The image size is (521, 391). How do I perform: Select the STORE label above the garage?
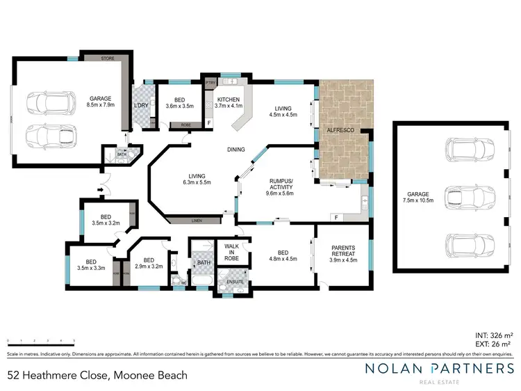coord(107,59)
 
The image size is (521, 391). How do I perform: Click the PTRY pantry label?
coord(210,83)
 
